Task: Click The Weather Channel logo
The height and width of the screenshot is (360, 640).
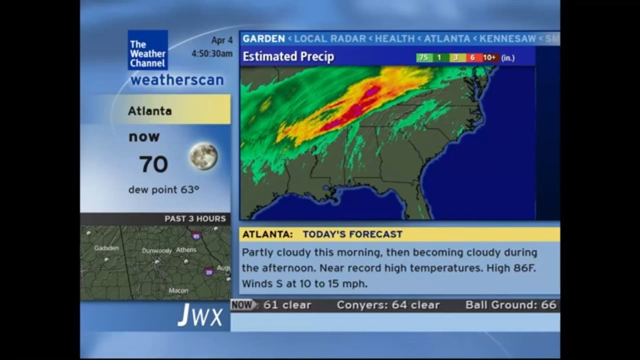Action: pyautogui.click(x=147, y=50)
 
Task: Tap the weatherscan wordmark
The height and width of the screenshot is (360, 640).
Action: pyautogui.click(x=177, y=80)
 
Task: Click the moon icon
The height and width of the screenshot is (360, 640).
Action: pyautogui.click(x=203, y=156)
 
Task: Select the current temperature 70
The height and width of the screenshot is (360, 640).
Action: pyautogui.click(x=153, y=164)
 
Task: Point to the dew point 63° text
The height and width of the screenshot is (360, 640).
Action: pyautogui.click(x=163, y=190)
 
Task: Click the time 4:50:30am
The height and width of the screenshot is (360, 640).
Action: pyautogui.click(x=212, y=53)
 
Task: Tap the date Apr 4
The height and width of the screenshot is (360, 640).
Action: pyautogui.click(x=221, y=40)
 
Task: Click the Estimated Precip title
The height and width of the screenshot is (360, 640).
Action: pyautogui.click(x=288, y=57)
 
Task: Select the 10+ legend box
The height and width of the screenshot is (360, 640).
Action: pyautogui.click(x=489, y=58)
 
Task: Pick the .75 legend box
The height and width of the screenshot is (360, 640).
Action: pyautogui.click(x=423, y=58)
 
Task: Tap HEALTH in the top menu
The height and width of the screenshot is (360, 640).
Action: pyautogui.click(x=394, y=38)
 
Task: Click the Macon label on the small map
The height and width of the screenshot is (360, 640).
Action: pyautogui.click(x=178, y=290)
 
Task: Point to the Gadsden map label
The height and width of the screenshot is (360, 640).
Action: pyautogui.click(x=106, y=248)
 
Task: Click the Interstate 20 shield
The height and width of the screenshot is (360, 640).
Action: pyautogui.click(x=208, y=271)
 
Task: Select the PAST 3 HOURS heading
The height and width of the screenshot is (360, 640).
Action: pyautogui.click(x=195, y=219)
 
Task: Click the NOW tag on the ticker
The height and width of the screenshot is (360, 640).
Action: pyautogui.click(x=242, y=305)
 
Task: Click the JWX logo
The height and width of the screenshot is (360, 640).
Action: pyautogui.click(x=200, y=316)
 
